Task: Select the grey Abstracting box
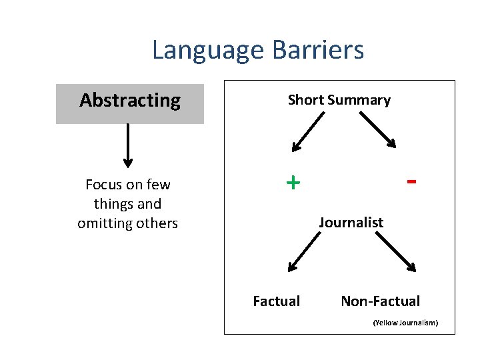point(130,104)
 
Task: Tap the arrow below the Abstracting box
point(128,145)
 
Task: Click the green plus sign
point(293,182)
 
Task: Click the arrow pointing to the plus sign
point(307,132)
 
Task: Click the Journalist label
point(351,223)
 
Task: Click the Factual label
point(276,301)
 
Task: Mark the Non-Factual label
point(380,301)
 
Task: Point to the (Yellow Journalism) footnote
point(405,323)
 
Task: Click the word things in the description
point(110,204)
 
